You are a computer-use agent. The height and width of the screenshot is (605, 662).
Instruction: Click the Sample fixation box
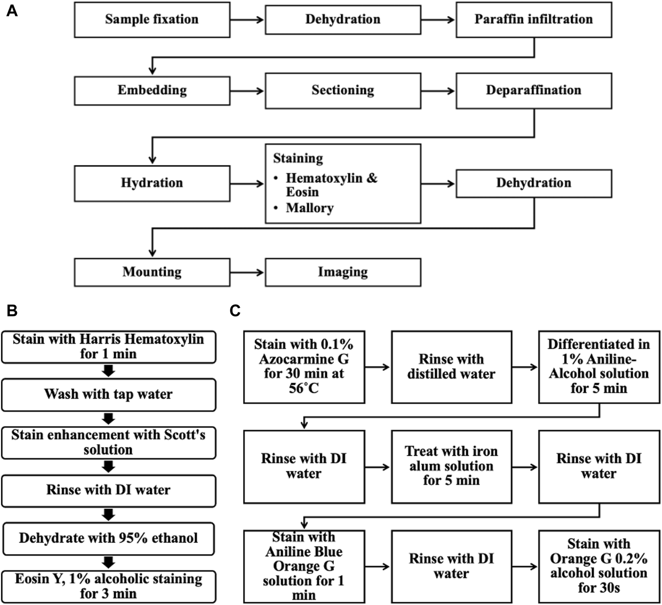(x=152, y=19)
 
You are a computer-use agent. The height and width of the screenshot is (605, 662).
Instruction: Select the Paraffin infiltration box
(x=534, y=19)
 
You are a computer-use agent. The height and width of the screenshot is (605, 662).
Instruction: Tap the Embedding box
(x=152, y=90)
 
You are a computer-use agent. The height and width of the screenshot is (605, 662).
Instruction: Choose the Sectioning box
(x=343, y=90)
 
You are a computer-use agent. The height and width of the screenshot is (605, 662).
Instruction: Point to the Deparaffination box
(x=534, y=90)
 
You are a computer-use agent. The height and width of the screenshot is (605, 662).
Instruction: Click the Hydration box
(x=152, y=183)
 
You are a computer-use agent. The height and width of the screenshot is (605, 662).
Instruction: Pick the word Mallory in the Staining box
(x=310, y=208)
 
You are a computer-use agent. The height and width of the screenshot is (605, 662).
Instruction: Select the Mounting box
(x=152, y=272)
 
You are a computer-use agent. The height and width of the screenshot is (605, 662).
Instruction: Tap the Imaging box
(x=343, y=272)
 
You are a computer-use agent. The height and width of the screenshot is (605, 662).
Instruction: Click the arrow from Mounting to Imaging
(x=247, y=272)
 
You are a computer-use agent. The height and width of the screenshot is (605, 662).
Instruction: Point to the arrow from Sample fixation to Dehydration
(x=247, y=19)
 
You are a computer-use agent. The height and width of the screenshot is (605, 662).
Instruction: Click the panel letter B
(x=12, y=311)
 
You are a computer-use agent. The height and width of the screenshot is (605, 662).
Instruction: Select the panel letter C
(x=235, y=311)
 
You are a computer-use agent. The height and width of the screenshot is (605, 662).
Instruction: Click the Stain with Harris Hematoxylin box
(x=108, y=347)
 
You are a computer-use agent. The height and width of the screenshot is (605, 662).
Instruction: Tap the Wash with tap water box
(x=108, y=394)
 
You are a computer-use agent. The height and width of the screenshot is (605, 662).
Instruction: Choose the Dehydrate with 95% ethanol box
(x=108, y=539)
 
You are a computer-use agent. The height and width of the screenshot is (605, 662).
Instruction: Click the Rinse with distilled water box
(x=451, y=367)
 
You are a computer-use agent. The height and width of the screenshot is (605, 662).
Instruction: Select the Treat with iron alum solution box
(x=451, y=467)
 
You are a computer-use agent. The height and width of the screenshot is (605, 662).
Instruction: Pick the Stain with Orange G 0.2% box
(x=599, y=566)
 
